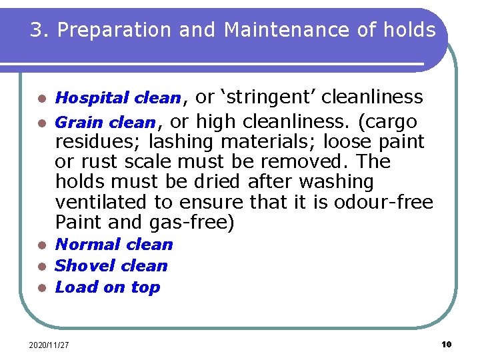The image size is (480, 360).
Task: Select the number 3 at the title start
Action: pyautogui.click(x=37, y=30)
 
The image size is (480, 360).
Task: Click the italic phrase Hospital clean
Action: pyautogui.click(x=117, y=98)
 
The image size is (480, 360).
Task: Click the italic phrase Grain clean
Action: pyautogui.click(x=105, y=123)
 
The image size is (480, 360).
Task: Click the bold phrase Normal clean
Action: pyautogui.click(x=113, y=245)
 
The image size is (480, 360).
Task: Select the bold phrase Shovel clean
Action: pyautogui.click(x=111, y=266)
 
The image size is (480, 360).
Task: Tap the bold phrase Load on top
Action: pyautogui.click(x=107, y=287)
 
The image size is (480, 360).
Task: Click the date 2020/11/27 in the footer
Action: pyautogui.click(x=50, y=345)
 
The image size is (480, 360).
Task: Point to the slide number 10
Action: pyautogui.click(x=446, y=344)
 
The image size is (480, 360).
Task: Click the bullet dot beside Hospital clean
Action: pyautogui.click(x=41, y=99)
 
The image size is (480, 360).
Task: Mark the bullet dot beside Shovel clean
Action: pyautogui.click(x=41, y=267)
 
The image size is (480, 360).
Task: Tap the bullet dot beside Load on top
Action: pyautogui.click(x=41, y=288)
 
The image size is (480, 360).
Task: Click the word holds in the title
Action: pyautogui.click(x=409, y=30)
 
